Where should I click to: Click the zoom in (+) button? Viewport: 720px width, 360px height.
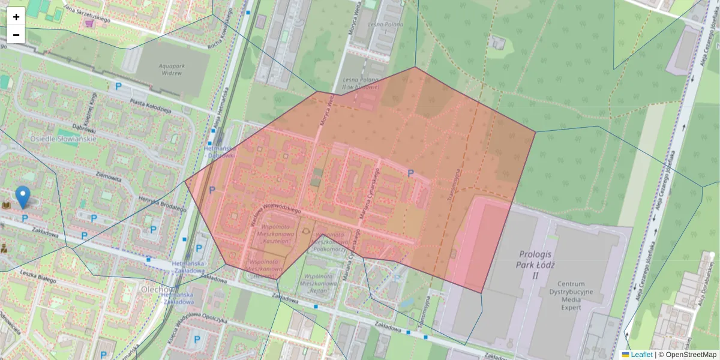click(16, 17)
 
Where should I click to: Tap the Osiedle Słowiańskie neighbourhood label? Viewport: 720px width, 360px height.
click(64, 139)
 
